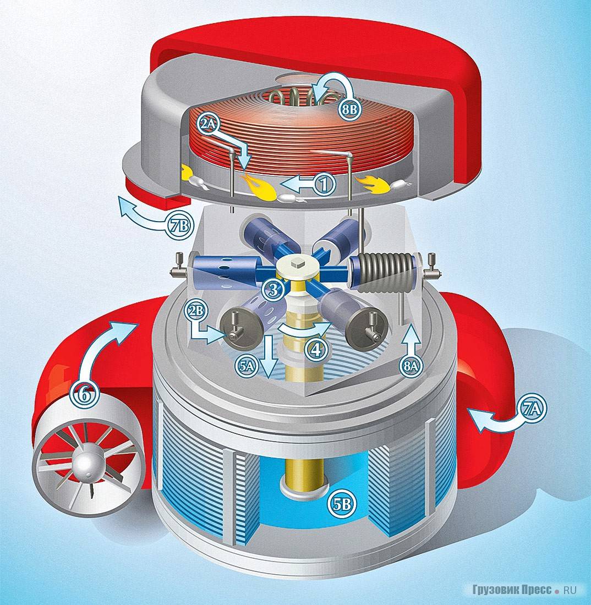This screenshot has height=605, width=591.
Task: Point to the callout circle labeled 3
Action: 273,289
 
